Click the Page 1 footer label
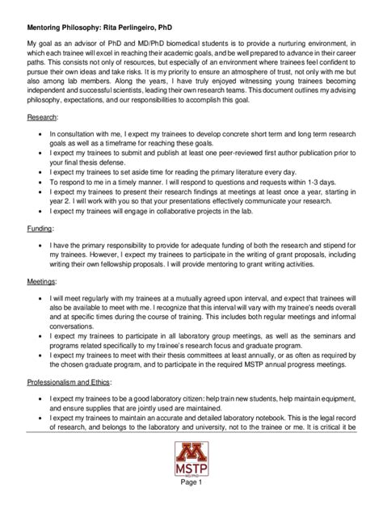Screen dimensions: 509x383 pos(191,495)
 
